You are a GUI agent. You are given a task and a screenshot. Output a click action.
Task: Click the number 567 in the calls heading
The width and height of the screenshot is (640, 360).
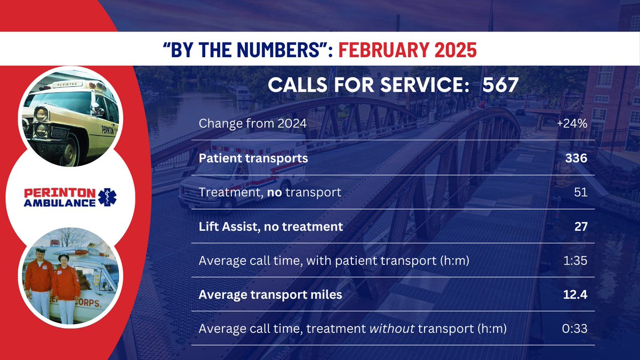500,85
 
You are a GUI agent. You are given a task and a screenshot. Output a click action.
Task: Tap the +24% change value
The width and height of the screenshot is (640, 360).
572,123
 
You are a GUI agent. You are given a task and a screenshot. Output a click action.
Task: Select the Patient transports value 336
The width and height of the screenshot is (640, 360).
576,158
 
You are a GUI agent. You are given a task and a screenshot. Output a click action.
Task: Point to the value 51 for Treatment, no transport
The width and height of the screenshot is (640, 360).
581,192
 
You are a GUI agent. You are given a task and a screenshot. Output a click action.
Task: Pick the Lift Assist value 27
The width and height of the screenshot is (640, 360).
581,226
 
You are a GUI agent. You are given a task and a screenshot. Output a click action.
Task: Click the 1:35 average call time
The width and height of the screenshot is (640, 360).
575,260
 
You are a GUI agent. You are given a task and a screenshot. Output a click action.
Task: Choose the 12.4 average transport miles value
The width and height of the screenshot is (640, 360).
575,294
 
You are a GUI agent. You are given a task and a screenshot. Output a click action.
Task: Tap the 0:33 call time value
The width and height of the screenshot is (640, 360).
574,329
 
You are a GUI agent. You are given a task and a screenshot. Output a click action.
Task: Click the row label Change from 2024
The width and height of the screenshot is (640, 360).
253,123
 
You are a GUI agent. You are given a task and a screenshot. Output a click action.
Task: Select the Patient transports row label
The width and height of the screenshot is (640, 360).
253,158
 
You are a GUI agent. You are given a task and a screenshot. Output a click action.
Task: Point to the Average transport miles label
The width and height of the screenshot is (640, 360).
270,294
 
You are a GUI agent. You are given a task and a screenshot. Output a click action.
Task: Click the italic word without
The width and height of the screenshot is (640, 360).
392,329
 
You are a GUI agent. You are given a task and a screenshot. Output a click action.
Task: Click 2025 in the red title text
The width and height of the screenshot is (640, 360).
455,50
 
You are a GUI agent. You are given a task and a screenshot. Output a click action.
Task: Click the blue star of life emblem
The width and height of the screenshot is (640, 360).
107,197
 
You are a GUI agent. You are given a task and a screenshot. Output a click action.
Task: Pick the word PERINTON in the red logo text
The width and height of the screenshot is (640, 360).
60,193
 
